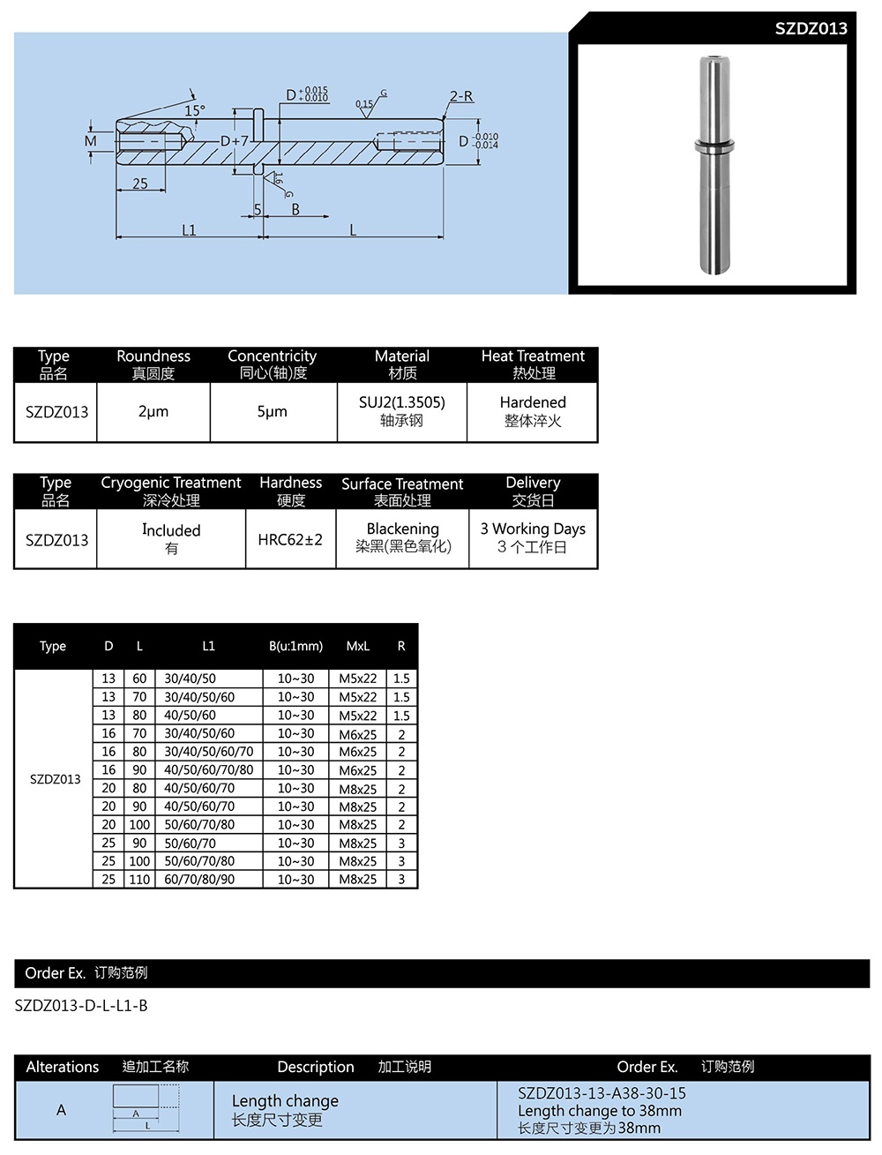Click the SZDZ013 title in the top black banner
pos(811,28)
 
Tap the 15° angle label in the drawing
pos(194,111)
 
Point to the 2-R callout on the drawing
pos(460,96)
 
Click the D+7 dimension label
pos(235,141)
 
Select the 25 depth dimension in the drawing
pos(140,184)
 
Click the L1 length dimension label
pos(189,230)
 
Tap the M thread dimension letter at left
pos(91,141)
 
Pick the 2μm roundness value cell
pos(153,411)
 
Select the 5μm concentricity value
pos(272,411)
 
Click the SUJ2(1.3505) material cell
pos(401,402)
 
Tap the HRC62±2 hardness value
pos(290,539)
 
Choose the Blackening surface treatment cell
pos(402,529)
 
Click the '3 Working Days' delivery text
pos(533,529)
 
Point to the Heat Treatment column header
pos(533,356)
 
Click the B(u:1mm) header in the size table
pos(295,646)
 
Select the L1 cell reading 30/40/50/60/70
pos(208,752)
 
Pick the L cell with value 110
pos(139,880)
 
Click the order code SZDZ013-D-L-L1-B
pos(81,1005)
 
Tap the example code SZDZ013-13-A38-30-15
pos(602,1093)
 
